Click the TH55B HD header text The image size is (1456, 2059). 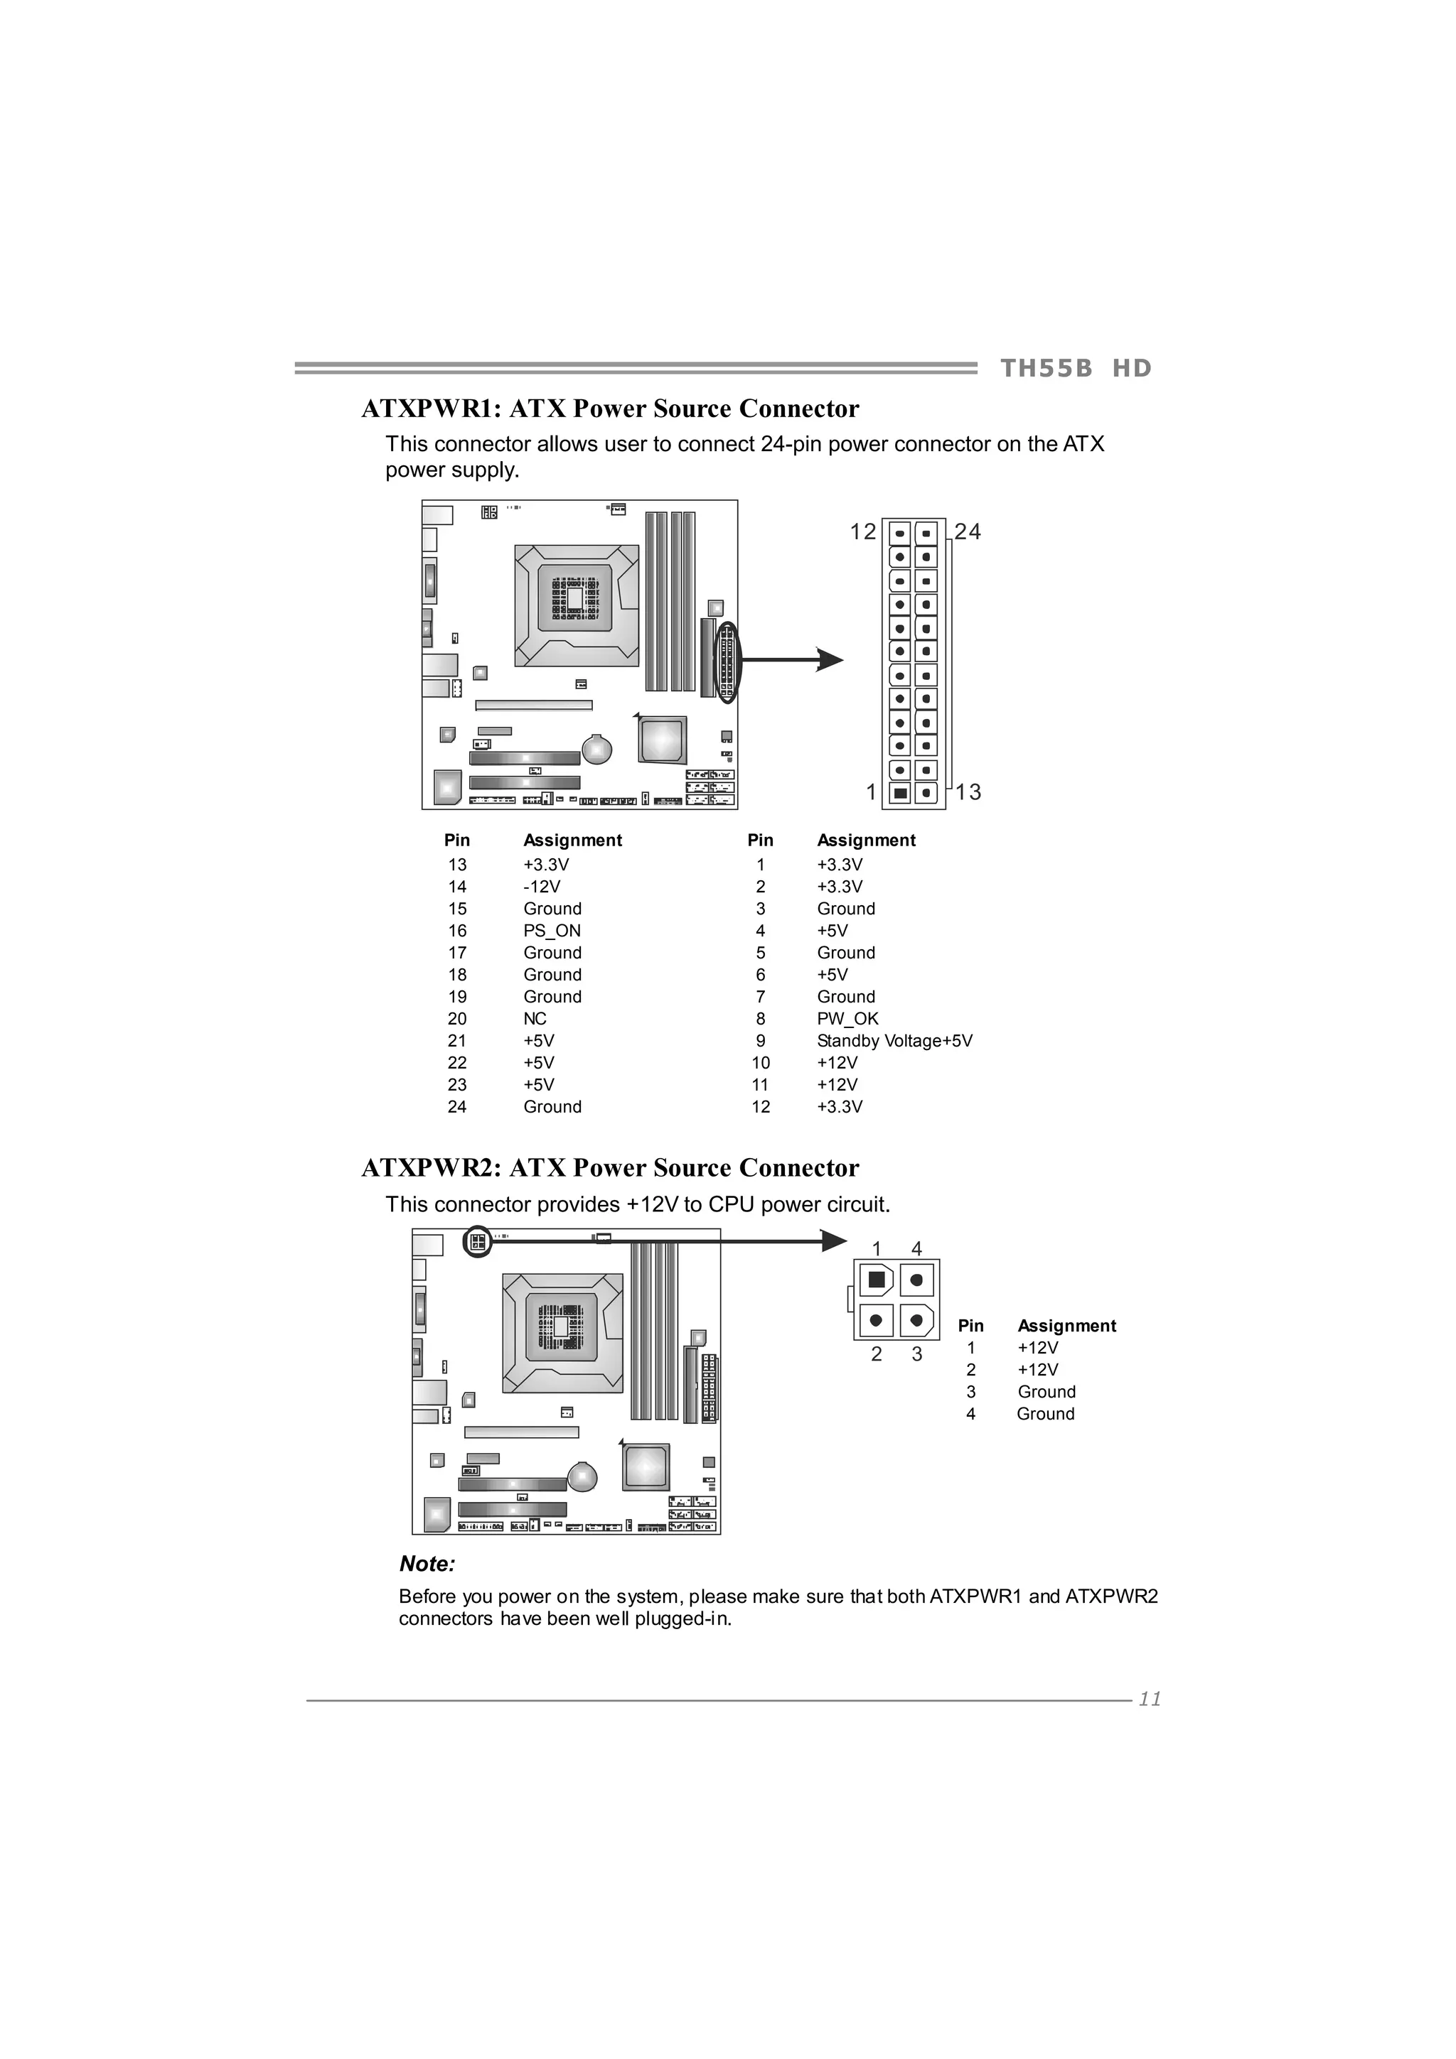tap(1075, 369)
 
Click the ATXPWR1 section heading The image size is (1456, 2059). tap(610, 409)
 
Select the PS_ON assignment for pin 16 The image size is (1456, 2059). tap(552, 931)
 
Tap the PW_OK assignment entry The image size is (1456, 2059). tap(847, 1019)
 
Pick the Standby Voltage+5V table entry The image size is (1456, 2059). tap(894, 1041)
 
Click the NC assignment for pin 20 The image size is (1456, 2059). tap(535, 1019)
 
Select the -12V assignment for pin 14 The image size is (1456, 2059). tap(542, 887)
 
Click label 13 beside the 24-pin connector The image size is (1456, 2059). tap(968, 792)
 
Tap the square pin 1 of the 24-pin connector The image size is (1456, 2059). tap(901, 793)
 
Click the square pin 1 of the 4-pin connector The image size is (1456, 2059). tap(877, 1280)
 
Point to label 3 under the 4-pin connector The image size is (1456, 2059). tap(917, 1354)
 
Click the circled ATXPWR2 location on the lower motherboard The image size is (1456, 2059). tap(477, 1242)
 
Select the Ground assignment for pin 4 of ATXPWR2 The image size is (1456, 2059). tap(1045, 1414)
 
